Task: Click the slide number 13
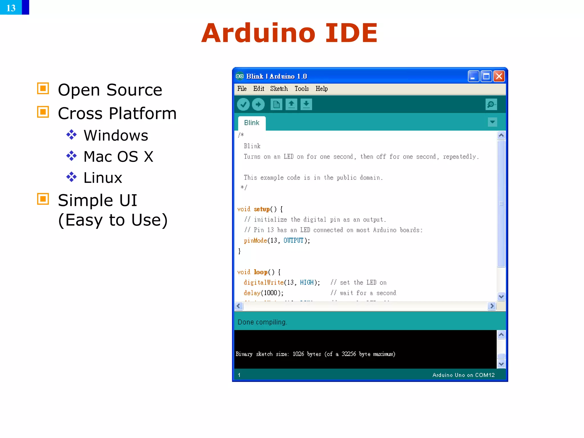click(x=11, y=8)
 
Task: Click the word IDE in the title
click(x=351, y=33)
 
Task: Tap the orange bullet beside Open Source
click(x=43, y=88)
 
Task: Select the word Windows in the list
click(x=116, y=135)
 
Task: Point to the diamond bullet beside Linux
click(x=71, y=177)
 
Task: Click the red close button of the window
click(x=499, y=76)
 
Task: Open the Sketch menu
click(x=279, y=89)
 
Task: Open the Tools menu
click(x=302, y=89)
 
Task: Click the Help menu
click(x=322, y=89)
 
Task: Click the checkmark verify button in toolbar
click(x=243, y=104)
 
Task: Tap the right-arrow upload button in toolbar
click(x=258, y=104)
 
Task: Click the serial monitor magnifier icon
click(x=491, y=104)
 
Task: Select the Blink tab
click(x=252, y=123)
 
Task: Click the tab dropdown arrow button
click(x=492, y=122)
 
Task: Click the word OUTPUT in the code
click(x=293, y=241)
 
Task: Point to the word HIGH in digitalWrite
click(x=307, y=283)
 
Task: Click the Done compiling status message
click(x=262, y=322)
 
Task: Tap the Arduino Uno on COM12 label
click(x=463, y=375)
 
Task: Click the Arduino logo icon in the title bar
click(x=240, y=76)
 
